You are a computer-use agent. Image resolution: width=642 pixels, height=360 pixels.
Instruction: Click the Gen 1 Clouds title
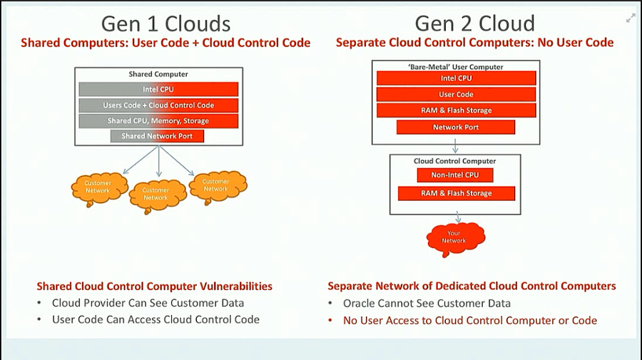click(x=165, y=23)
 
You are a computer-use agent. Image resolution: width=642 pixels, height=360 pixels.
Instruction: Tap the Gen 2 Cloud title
click(x=474, y=23)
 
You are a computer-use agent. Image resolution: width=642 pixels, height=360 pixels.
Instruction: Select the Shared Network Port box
click(x=157, y=136)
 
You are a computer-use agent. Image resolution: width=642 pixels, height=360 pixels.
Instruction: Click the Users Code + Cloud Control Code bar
click(x=158, y=105)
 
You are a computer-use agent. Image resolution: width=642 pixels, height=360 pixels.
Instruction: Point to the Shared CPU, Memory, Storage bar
click(x=158, y=120)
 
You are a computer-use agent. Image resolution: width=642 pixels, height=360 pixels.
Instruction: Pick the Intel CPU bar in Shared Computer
click(x=158, y=89)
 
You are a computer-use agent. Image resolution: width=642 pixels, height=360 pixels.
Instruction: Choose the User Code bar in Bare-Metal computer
click(x=456, y=94)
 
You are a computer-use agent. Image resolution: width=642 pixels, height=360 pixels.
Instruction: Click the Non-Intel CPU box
click(x=456, y=175)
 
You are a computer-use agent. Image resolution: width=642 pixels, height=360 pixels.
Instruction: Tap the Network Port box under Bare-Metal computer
click(x=456, y=128)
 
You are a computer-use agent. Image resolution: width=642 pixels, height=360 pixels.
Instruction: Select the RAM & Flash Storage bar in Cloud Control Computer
click(x=456, y=193)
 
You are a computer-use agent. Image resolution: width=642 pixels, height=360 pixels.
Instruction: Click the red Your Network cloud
click(x=454, y=236)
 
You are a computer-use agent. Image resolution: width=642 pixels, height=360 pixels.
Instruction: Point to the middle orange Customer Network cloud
click(x=156, y=193)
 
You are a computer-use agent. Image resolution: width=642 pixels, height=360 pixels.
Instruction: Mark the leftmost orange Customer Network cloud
click(x=98, y=187)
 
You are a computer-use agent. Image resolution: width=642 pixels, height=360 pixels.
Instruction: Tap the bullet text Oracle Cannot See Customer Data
click(x=427, y=303)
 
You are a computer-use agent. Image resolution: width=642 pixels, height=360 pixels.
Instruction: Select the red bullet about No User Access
click(x=469, y=320)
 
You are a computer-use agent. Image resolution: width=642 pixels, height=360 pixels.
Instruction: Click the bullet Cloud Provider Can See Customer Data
click(x=148, y=303)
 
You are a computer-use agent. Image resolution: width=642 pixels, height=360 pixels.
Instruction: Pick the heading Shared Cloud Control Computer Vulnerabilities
click(x=155, y=286)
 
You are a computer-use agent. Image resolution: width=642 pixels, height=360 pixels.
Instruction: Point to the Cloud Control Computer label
click(x=454, y=161)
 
